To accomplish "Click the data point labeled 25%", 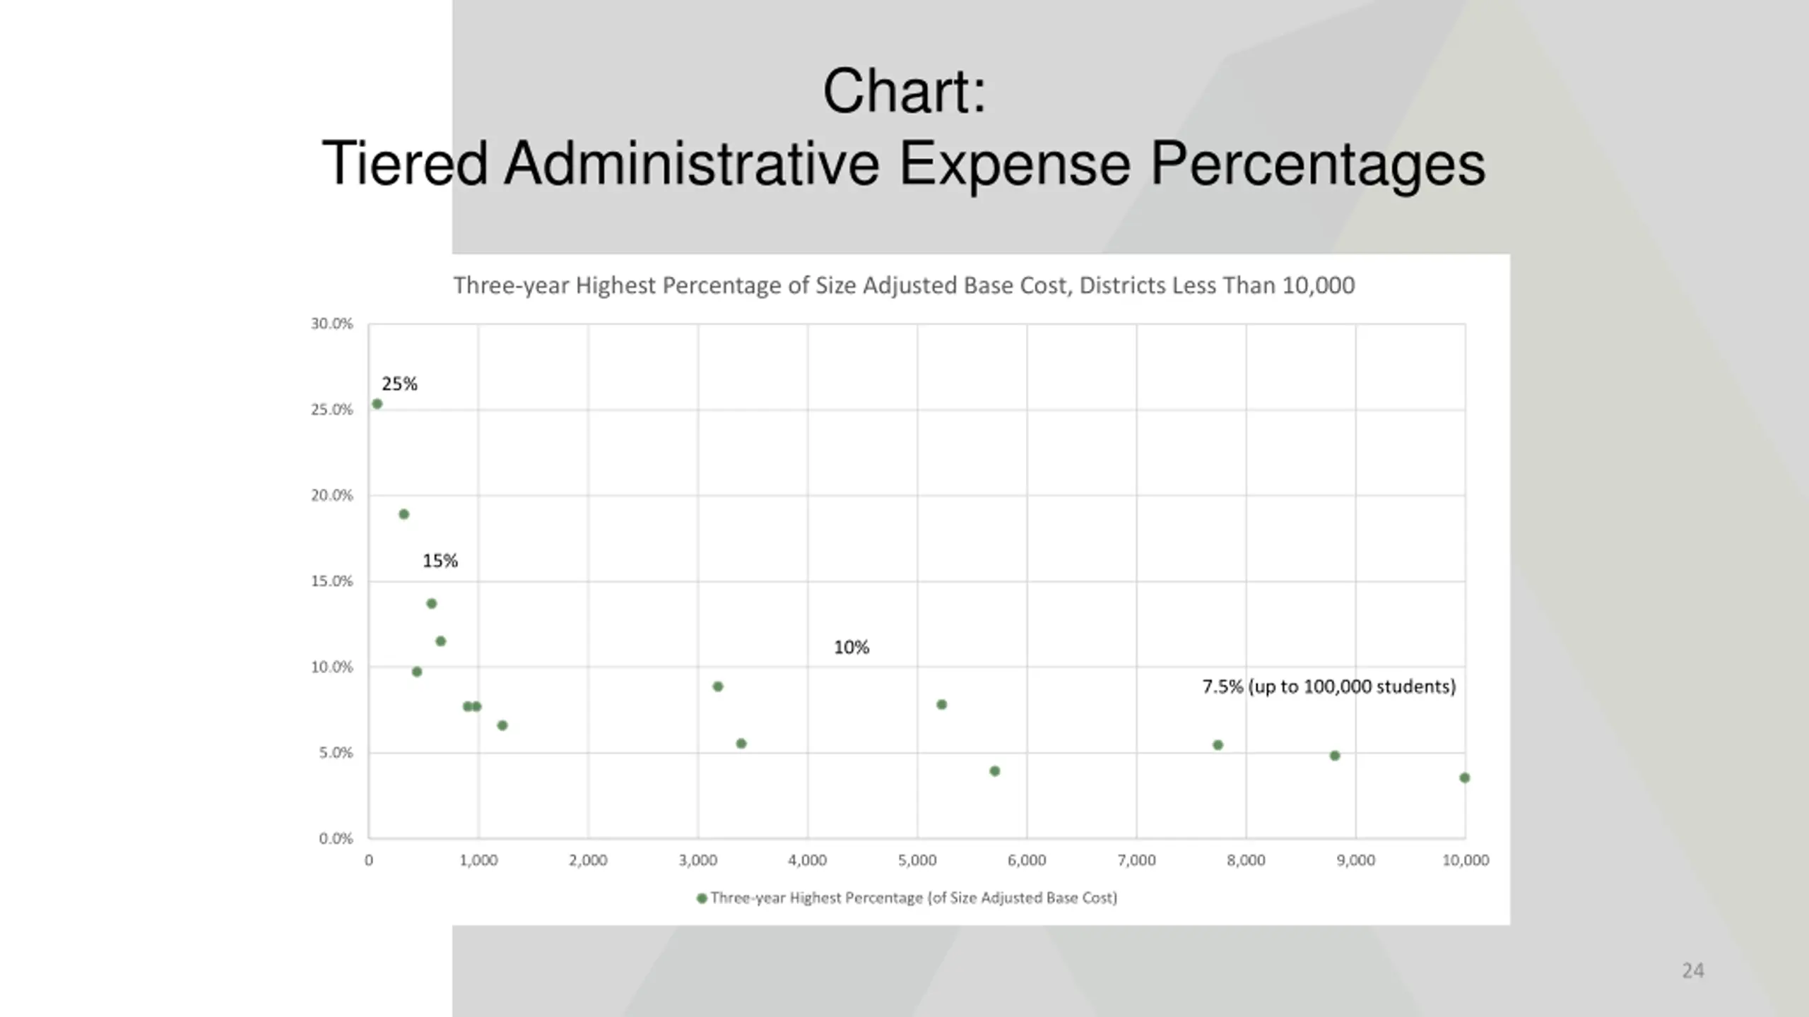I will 377,404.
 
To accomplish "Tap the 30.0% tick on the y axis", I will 331,323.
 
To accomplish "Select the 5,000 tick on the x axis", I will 917,860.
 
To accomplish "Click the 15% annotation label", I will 440,561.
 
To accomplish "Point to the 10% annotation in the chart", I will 852,648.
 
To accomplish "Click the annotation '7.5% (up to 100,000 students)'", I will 1329,686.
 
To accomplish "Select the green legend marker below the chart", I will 702,898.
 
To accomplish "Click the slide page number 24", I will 1692,970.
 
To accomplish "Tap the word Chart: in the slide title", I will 904,91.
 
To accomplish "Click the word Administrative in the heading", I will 691,164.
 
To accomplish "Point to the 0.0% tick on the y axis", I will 336,838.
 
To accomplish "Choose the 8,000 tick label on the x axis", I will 1246,860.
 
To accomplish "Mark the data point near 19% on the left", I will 404,514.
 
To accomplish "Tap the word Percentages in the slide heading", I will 1317,164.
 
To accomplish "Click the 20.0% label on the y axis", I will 331,495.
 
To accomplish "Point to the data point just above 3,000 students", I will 718,686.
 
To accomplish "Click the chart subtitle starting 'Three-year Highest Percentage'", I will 904,285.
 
